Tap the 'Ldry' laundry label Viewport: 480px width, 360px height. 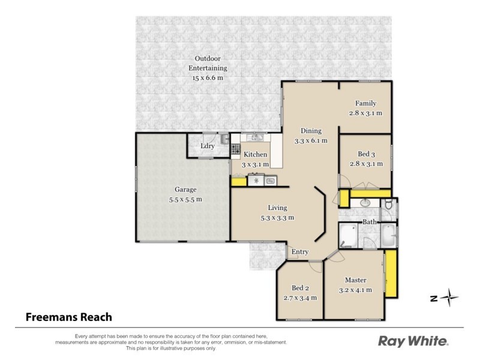click(x=208, y=146)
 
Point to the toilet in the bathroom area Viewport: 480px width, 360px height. click(x=388, y=206)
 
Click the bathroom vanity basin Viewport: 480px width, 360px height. click(x=365, y=203)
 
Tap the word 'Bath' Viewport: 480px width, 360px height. click(x=369, y=222)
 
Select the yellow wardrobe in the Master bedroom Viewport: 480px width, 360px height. click(x=391, y=274)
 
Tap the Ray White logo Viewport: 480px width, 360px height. click(x=413, y=341)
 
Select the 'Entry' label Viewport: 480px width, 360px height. click(x=300, y=252)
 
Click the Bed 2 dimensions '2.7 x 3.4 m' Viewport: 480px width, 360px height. click(x=299, y=297)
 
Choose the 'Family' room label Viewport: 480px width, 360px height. click(x=365, y=103)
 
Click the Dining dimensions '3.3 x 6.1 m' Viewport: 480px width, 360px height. click(x=311, y=140)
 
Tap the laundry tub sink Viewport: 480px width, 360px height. click(x=223, y=140)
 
